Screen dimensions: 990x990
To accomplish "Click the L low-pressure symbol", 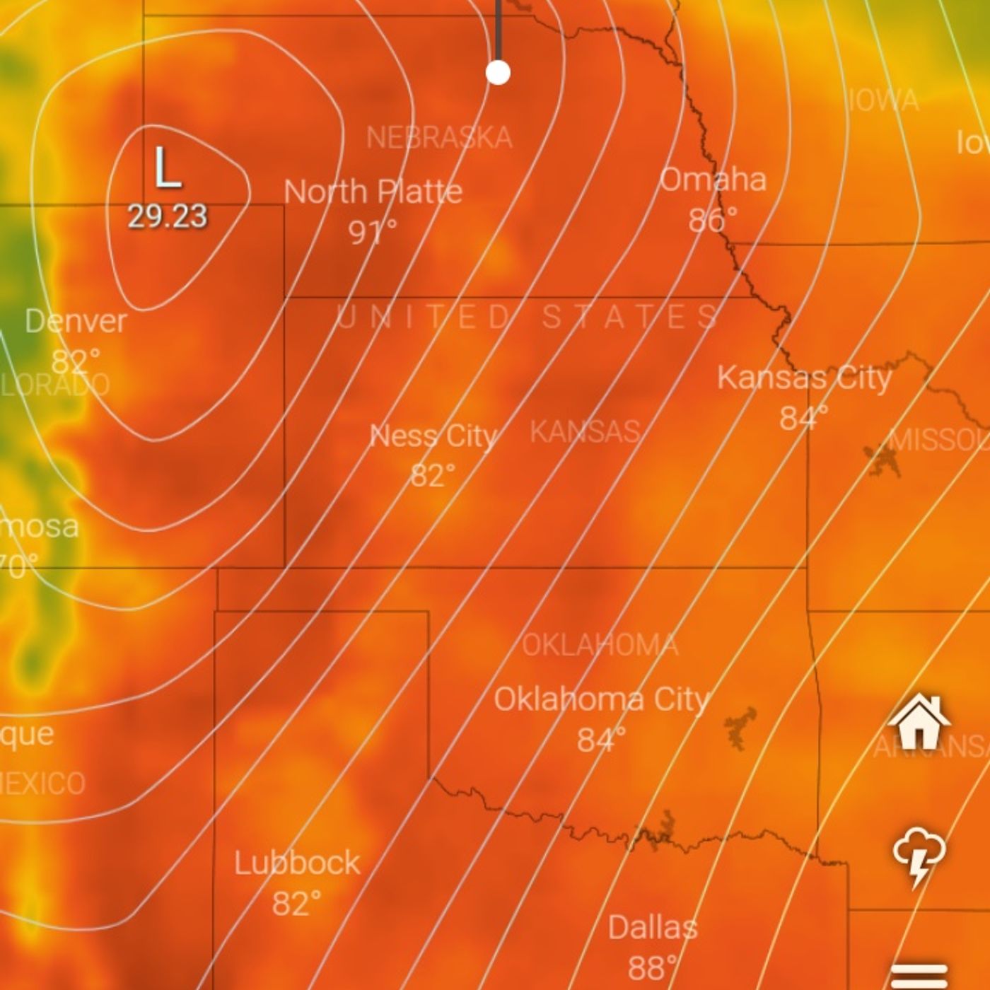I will [x=167, y=168].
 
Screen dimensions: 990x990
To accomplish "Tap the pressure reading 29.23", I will [x=167, y=216].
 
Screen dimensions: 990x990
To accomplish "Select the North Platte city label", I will [x=373, y=192].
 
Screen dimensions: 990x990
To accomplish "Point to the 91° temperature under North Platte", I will [x=372, y=231].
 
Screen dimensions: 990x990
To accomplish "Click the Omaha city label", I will [x=713, y=180].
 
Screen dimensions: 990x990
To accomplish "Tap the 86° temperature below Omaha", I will [x=712, y=220].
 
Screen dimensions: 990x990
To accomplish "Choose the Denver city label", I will [x=76, y=322].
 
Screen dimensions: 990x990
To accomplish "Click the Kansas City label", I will [x=804, y=378].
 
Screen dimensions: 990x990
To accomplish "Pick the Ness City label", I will [x=433, y=436].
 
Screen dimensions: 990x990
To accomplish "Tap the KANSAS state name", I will [x=586, y=431].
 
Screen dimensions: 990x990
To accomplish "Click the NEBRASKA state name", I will [x=439, y=138].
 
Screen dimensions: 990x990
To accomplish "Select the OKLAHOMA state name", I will [x=600, y=645].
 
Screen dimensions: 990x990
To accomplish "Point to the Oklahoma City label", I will [x=600, y=699].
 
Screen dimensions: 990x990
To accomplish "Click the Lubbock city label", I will [x=297, y=863].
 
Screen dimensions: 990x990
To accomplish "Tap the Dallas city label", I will [x=652, y=927].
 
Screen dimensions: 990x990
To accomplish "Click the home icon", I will [x=919, y=721].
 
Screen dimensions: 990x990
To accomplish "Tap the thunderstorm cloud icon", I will [x=919, y=856].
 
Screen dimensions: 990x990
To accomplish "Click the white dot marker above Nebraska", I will [x=499, y=72].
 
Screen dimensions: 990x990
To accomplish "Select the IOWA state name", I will [x=884, y=100].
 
